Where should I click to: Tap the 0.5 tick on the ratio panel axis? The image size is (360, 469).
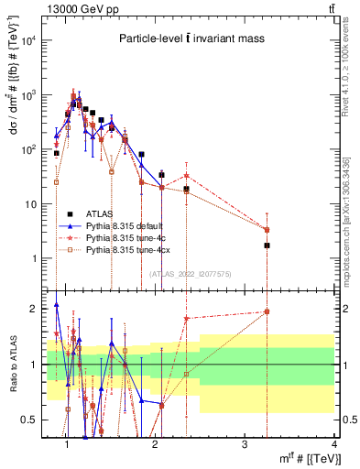(x=31, y=420)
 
